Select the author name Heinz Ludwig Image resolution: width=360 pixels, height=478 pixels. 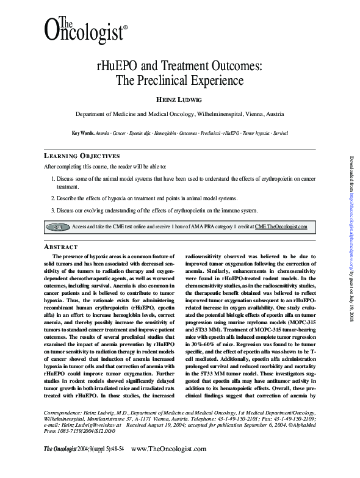pos(179,99)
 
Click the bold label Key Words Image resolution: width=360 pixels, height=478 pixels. pos(83,132)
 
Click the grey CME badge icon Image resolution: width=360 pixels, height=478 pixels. pos(59,226)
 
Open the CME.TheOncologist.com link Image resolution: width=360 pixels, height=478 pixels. pos(281,226)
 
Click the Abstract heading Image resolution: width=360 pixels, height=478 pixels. pos(59,246)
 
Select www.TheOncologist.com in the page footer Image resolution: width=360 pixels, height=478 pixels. pos(169,466)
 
